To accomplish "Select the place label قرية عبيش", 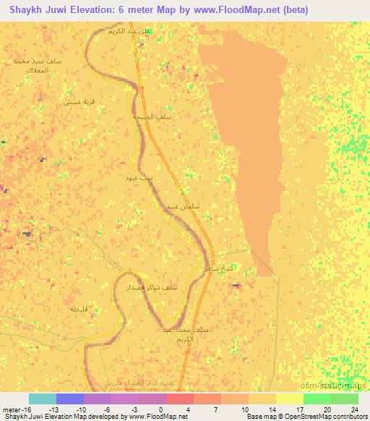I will point(78,102).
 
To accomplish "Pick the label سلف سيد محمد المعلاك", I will point(38,66).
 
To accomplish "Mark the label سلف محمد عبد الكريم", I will point(186,333).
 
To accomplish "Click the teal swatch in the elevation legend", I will point(43,399).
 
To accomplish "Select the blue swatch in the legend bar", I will point(70,399).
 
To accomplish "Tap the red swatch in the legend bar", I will point(180,399).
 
